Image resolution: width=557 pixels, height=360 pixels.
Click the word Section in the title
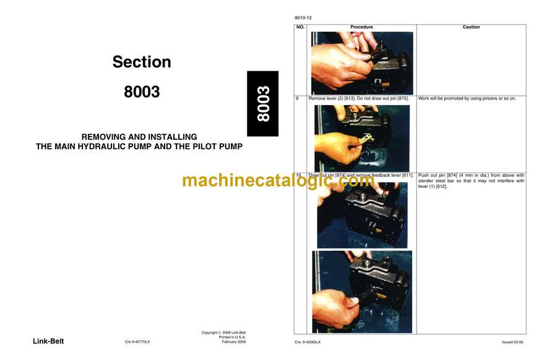(142, 62)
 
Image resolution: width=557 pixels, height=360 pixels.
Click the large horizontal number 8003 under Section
(142, 92)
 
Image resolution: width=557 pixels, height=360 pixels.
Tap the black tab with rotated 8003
(263, 104)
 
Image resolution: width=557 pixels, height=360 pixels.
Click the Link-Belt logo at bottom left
(48, 341)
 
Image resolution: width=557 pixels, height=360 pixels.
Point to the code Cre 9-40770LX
(137, 342)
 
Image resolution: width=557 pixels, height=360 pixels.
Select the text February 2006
(234, 342)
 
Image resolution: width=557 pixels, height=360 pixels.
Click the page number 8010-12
(303, 18)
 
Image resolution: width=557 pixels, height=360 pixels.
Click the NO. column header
(300, 27)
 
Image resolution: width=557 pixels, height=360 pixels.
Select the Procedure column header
(361, 27)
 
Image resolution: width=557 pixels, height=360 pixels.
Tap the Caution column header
(471, 27)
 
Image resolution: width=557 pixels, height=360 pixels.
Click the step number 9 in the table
(297, 98)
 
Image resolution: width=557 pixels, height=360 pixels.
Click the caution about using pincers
(467, 98)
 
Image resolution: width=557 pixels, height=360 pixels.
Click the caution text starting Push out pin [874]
(471, 181)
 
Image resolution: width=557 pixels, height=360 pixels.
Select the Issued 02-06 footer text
(512, 342)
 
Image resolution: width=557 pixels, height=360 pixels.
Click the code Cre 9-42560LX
(308, 342)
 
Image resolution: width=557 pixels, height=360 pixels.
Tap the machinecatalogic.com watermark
(278, 181)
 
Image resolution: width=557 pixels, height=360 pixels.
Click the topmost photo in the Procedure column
(362, 63)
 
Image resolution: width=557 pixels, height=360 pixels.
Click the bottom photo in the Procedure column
(362, 292)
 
